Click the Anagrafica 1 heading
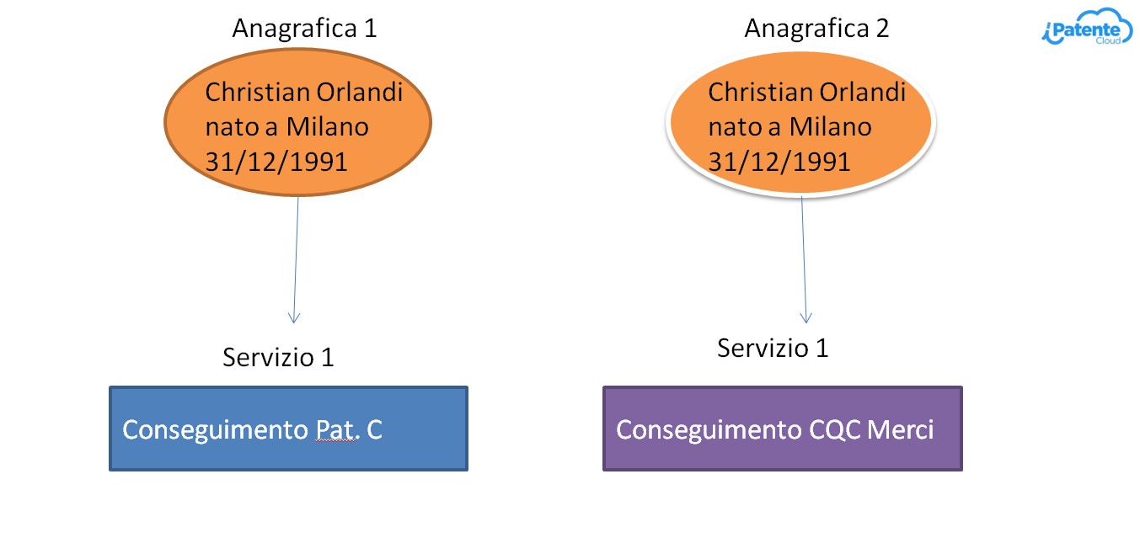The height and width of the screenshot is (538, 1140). pyautogui.click(x=304, y=29)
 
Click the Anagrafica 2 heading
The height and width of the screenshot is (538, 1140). pyautogui.click(x=816, y=29)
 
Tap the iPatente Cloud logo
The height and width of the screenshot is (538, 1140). pyautogui.click(x=1086, y=27)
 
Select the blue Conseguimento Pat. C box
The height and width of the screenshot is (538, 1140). pyautogui.click(x=288, y=429)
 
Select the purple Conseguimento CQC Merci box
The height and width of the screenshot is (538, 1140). pyautogui.click(x=783, y=429)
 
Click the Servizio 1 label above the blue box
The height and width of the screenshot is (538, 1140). pyautogui.click(x=278, y=357)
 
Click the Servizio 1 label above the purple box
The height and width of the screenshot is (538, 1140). pyautogui.click(x=773, y=349)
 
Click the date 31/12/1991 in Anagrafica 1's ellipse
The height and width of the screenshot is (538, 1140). pyautogui.click(x=276, y=162)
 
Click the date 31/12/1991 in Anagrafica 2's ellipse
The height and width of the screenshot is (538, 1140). pyautogui.click(x=779, y=162)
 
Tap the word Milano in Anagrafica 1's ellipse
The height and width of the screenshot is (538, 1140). pyautogui.click(x=327, y=126)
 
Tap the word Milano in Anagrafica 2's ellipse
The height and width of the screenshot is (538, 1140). pyautogui.click(x=830, y=126)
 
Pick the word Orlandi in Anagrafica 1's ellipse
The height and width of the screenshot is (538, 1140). pyautogui.click(x=359, y=92)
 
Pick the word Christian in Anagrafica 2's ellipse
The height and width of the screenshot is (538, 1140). pyautogui.click(x=762, y=92)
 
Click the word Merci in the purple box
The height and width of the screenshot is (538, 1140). pyautogui.click(x=901, y=429)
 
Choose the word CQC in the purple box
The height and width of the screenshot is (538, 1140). pyautogui.click(x=834, y=430)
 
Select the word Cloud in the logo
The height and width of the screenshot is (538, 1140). pyautogui.click(x=1108, y=40)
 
